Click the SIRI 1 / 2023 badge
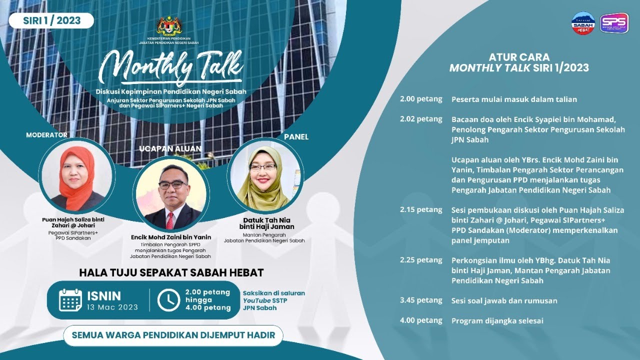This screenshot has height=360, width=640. [51, 20]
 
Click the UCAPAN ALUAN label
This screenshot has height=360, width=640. [171, 148]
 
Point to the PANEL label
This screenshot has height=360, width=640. [296, 136]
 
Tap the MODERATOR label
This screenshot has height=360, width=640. [46, 135]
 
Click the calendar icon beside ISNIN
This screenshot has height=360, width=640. [70, 300]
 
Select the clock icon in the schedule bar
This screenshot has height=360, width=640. [168, 300]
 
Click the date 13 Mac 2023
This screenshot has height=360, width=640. [112, 307]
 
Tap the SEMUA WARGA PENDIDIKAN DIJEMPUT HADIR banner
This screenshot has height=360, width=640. [173, 335]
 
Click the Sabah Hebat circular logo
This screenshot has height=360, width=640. [583, 23]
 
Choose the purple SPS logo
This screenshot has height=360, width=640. [614, 23]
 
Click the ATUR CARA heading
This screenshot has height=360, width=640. [519, 57]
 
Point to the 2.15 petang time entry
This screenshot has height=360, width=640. [421, 209]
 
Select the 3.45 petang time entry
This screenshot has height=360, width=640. [421, 300]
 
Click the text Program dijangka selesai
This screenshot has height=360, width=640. [497, 321]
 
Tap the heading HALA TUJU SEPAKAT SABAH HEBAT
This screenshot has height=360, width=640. [171, 272]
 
